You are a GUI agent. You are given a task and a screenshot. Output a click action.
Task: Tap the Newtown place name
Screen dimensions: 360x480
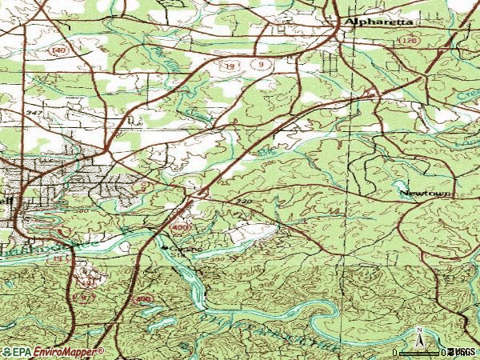click(426, 194)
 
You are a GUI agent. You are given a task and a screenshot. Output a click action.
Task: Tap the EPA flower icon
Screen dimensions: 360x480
click(7, 352)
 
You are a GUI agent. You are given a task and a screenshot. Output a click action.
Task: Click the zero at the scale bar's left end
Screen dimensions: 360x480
click(396, 352)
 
